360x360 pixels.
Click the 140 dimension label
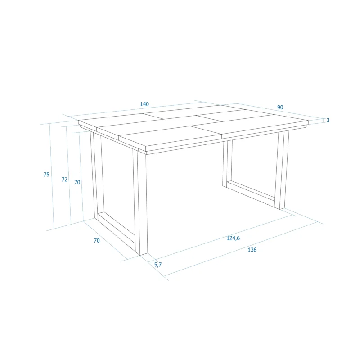point(144,104)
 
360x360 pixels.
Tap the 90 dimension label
point(280,107)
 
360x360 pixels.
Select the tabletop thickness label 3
point(328,120)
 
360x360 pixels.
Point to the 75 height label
point(46,175)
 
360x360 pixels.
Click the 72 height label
point(64,179)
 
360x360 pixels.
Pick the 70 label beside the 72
point(77,182)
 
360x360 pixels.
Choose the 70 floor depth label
point(97,240)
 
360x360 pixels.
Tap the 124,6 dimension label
point(233,238)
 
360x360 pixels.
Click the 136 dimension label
point(252,250)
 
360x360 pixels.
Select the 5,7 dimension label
point(158,265)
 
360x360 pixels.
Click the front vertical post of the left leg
point(140,202)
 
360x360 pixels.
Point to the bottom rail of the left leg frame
point(117,229)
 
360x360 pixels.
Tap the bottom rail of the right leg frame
point(251,193)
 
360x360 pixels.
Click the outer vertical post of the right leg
point(282,170)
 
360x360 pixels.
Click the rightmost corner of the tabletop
point(308,121)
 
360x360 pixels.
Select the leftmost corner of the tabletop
point(78,121)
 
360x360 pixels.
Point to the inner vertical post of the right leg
point(227,163)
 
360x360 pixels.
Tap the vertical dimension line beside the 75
point(52,176)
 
